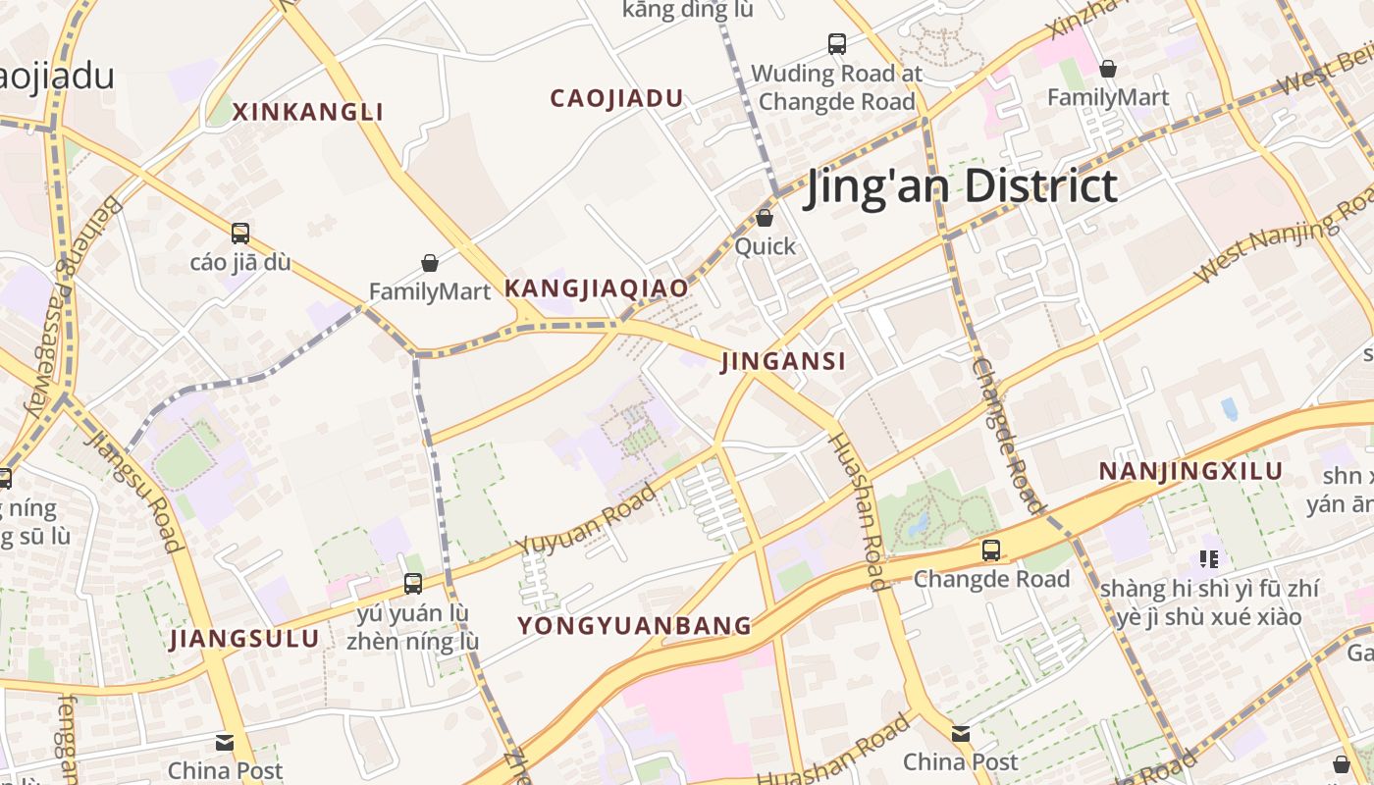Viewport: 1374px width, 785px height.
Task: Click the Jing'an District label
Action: click(961, 185)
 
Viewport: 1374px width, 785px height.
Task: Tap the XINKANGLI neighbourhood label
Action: click(308, 112)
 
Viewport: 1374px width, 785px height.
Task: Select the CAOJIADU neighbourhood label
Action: click(616, 98)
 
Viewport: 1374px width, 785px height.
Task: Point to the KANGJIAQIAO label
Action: click(596, 288)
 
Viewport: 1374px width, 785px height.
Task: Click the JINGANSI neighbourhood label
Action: click(783, 361)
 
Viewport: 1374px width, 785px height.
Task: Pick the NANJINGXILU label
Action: click(1190, 471)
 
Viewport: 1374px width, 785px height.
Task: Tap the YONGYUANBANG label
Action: click(635, 625)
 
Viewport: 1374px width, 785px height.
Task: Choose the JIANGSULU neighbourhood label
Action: click(244, 639)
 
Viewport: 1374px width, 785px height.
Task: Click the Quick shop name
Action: click(766, 246)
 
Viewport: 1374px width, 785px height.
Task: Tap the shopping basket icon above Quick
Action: click(765, 218)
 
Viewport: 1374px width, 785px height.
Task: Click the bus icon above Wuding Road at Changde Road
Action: click(837, 44)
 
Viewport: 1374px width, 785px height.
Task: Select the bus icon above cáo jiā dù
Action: click(240, 234)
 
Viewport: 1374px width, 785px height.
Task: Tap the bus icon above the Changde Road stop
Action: click(991, 550)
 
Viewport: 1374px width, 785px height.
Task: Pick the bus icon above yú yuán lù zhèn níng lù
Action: click(413, 584)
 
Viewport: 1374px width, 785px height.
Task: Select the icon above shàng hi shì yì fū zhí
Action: click(1209, 559)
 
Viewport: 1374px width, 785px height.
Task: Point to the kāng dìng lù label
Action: click(688, 10)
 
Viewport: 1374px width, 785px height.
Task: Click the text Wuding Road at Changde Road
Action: click(837, 87)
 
